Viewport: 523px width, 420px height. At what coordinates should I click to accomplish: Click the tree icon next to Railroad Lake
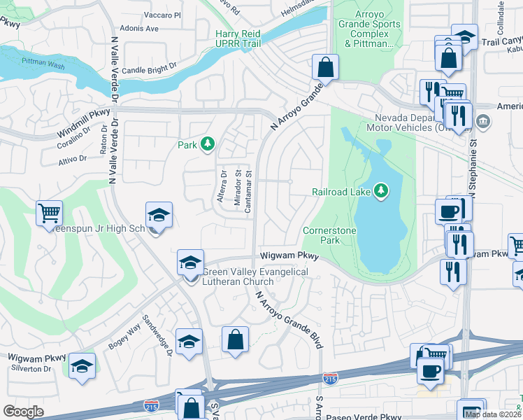tap(380, 190)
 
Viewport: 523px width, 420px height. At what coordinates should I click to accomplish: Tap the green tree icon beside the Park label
tap(208, 144)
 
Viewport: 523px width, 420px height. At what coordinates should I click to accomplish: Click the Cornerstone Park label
tap(330, 235)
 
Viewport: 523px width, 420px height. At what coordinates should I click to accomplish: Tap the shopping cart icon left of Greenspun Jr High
tap(49, 212)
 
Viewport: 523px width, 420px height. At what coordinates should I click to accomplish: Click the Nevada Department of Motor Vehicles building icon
tap(482, 122)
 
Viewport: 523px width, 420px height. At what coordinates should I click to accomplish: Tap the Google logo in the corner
tap(23, 412)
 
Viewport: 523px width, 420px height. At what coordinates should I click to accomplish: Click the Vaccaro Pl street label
tap(162, 15)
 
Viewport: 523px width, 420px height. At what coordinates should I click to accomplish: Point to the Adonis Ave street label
tap(140, 29)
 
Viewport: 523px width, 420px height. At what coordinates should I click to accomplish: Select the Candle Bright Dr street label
tap(150, 71)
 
